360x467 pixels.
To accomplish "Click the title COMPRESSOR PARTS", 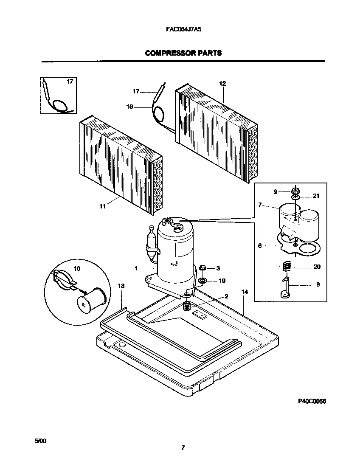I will point(183,53).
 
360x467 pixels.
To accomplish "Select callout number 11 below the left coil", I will point(102,206).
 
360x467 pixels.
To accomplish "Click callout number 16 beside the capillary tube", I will point(130,107).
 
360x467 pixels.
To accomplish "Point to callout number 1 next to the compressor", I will point(136,268).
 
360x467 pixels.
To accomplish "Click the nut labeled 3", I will point(203,268).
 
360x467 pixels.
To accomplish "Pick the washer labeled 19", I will point(203,281).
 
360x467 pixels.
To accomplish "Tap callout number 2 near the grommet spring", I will point(226,296).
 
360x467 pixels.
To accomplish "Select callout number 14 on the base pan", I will point(244,292).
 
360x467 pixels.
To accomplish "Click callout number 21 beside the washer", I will point(315,196).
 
